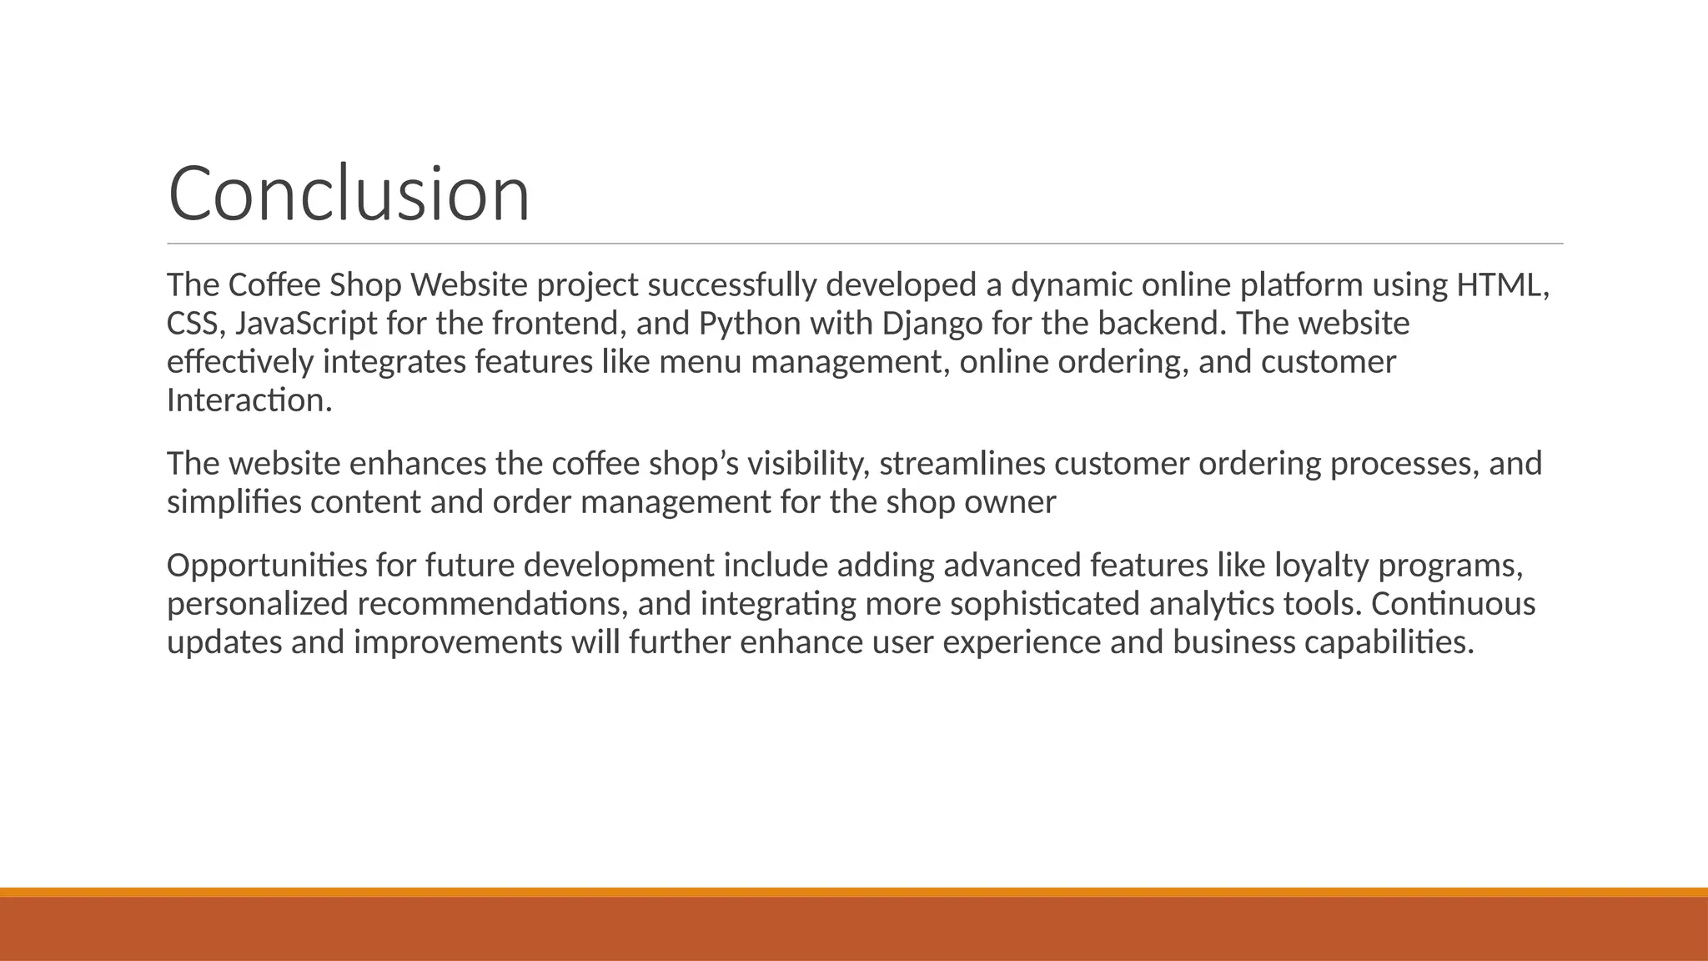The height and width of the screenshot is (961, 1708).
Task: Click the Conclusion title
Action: pyautogui.click(x=349, y=194)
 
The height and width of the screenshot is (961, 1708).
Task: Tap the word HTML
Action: pyautogui.click(x=1501, y=285)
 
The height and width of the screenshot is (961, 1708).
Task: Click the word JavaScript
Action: pyautogui.click(x=306, y=324)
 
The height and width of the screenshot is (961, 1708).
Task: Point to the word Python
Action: pyautogui.click(x=749, y=324)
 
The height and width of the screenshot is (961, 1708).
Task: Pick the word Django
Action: pyautogui.click(x=932, y=324)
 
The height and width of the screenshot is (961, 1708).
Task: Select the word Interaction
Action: pyautogui.click(x=249, y=400)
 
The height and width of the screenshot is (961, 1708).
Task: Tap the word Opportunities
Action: pyautogui.click(x=266, y=566)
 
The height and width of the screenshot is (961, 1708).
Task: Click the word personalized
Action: pyautogui.click(x=257, y=604)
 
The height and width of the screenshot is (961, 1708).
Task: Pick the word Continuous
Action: pyautogui.click(x=1452, y=604)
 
